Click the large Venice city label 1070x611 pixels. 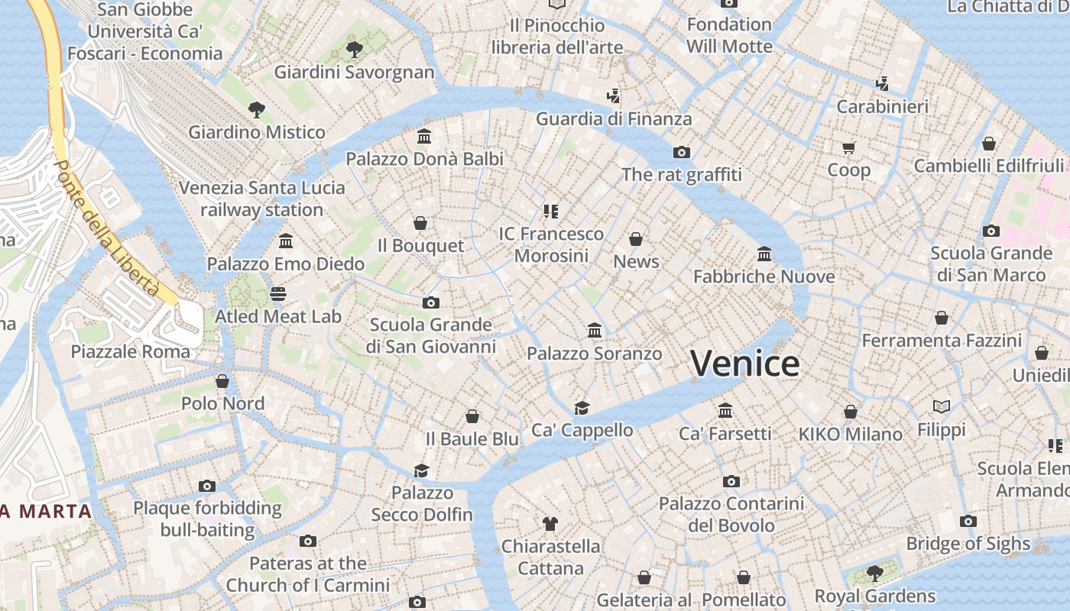[745, 363]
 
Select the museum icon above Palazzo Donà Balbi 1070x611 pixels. [424, 137]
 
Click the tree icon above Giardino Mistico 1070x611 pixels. [257, 110]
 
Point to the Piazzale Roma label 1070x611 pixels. [131, 351]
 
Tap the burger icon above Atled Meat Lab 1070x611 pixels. [278, 294]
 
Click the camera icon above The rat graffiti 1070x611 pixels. [682, 152]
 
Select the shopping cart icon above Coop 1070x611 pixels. [849, 147]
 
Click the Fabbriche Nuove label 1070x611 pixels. [764, 276]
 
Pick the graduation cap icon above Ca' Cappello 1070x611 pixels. [582, 408]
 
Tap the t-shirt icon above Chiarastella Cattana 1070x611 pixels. [550, 524]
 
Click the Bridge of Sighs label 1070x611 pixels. [968, 543]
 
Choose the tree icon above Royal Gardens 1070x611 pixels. [875, 573]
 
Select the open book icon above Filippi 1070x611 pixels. [942, 407]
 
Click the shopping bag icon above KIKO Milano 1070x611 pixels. [851, 412]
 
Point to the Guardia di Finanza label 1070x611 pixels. [614, 118]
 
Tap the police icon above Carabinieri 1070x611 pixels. [883, 83]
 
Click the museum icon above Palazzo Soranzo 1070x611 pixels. [595, 331]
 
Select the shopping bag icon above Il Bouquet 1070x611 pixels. [420, 223]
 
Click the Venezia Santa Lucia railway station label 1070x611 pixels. [261, 199]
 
